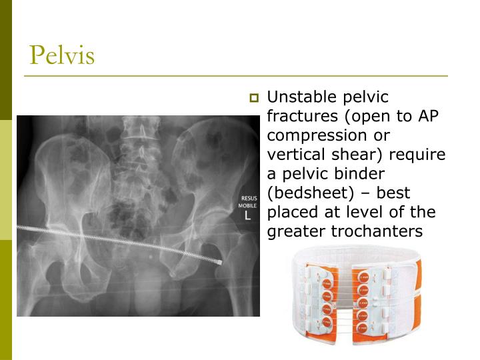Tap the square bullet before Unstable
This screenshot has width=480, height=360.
(x=253, y=98)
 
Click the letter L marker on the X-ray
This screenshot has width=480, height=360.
(x=248, y=216)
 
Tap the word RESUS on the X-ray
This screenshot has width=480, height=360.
(x=248, y=199)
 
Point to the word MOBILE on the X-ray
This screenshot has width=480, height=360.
(x=248, y=206)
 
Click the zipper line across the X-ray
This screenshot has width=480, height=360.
(x=120, y=242)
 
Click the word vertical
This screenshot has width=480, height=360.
(x=294, y=155)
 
